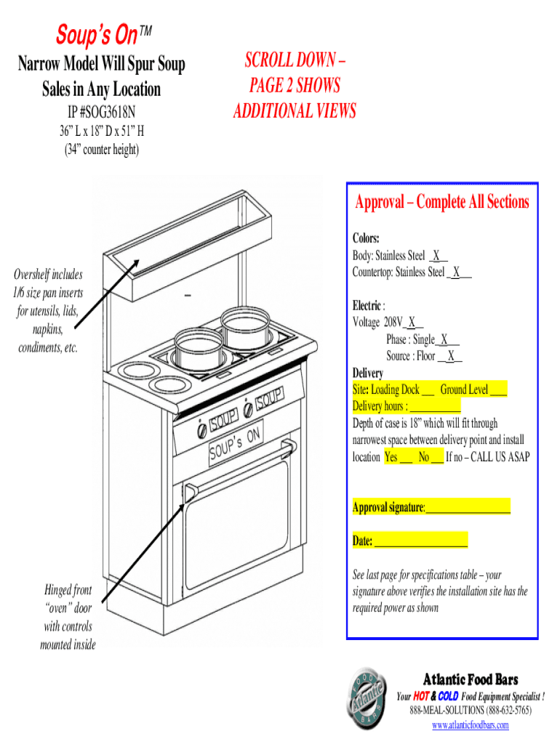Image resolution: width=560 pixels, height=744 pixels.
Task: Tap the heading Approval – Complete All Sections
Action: click(x=441, y=202)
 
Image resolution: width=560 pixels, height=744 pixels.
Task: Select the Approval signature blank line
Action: click(x=468, y=507)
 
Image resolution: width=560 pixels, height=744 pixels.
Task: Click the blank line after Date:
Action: click(x=420, y=541)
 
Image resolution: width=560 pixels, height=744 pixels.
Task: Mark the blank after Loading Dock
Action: click(x=428, y=390)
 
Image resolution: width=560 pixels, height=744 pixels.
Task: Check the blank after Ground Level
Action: click(x=498, y=390)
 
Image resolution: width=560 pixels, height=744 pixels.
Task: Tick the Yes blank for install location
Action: click(x=406, y=457)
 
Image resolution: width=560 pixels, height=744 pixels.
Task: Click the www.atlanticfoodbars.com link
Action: click(x=470, y=725)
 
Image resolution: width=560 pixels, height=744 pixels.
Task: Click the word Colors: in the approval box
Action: click(x=367, y=238)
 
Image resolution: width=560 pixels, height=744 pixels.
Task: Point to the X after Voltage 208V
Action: click(x=412, y=322)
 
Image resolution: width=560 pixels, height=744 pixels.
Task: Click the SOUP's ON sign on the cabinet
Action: click(x=234, y=444)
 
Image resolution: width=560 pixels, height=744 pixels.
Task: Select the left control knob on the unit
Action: click(x=201, y=430)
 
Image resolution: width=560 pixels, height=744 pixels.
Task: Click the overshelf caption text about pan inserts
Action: click(x=49, y=311)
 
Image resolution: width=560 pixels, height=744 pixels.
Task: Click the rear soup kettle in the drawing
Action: click(x=244, y=328)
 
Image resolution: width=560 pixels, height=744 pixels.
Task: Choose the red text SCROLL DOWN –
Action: click(x=295, y=60)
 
